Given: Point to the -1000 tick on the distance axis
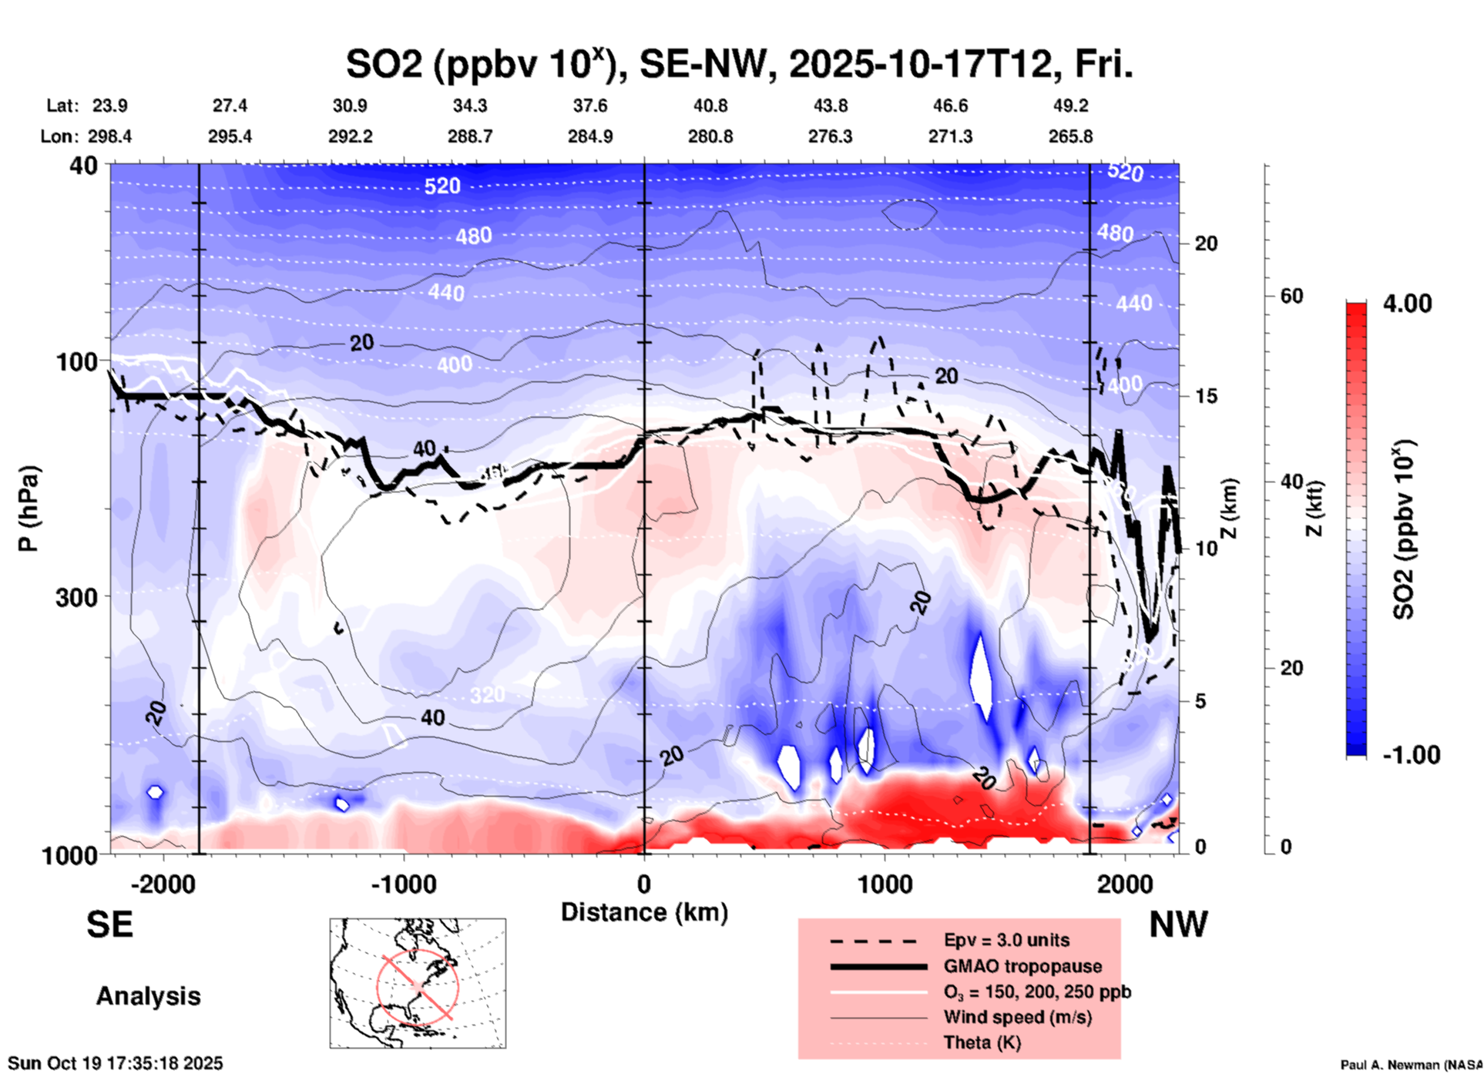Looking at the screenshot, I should [404, 884].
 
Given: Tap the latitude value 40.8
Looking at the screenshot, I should [710, 106].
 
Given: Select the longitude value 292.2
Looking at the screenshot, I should [351, 136].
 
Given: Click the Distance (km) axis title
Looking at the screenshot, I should [644, 912].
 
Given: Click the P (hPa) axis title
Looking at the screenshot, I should [29, 508].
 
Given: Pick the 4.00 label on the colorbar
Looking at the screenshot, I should [1407, 304].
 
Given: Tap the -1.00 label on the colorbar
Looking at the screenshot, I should [1411, 754].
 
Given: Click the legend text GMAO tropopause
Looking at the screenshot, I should [1022, 966].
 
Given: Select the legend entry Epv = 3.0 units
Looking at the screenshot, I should [1006, 940].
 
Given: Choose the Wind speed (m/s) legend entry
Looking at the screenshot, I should [1017, 1017].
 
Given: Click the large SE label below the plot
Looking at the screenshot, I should [110, 925].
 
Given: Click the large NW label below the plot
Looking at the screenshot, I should [1178, 925].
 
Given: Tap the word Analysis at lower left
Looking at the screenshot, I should [148, 996].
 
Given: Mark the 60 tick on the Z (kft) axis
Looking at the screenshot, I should [1291, 296].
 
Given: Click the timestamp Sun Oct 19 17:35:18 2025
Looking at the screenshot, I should [116, 1063].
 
